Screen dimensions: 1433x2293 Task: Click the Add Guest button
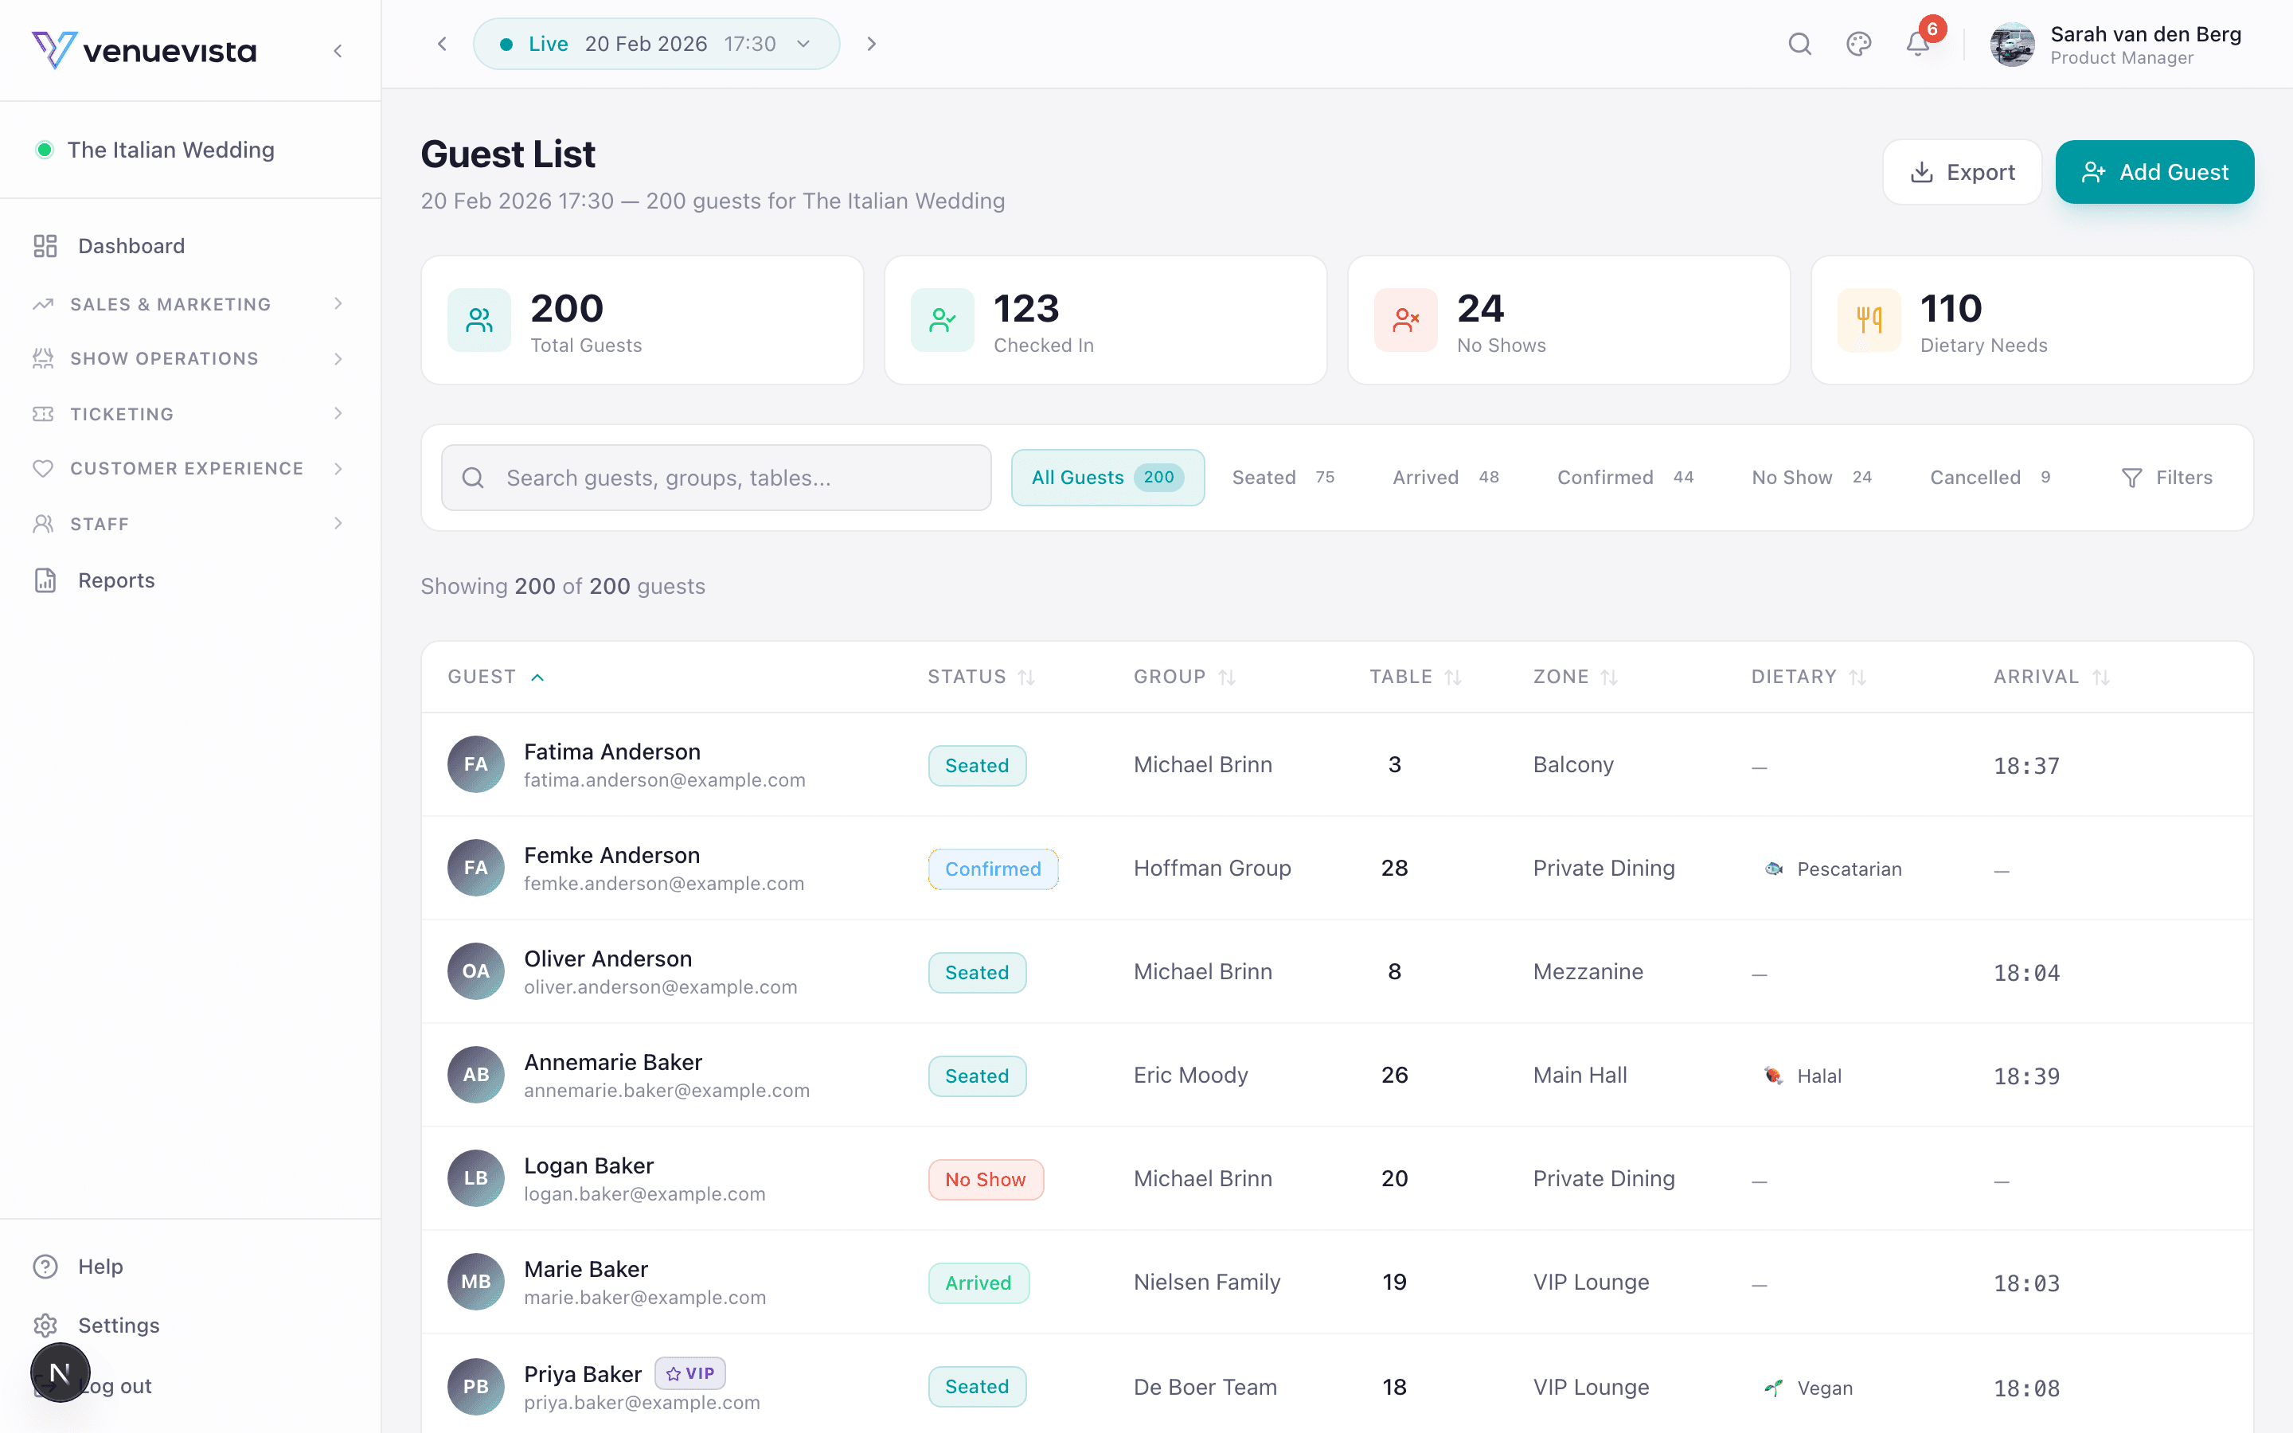[x=2154, y=173]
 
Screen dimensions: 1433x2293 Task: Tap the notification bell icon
[x=1917, y=44]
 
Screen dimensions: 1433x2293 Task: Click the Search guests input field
[x=717, y=478]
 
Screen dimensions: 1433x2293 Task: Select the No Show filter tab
[x=1810, y=478]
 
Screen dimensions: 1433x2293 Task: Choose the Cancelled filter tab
[x=1989, y=478]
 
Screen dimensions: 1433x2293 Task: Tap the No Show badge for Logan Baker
[x=986, y=1179]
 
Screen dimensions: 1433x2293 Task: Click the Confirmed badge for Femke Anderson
[x=992, y=869]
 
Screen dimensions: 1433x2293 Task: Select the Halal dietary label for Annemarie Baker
[x=1818, y=1076]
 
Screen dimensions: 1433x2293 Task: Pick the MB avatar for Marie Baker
[x=475, y=1283]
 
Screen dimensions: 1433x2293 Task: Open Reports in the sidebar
[x=115, y=580]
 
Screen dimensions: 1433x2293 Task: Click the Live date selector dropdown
[x=656, y=44]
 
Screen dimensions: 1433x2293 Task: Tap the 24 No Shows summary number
[x=1480, y=309]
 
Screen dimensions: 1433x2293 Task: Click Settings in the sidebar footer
[x=119, y=1325]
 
